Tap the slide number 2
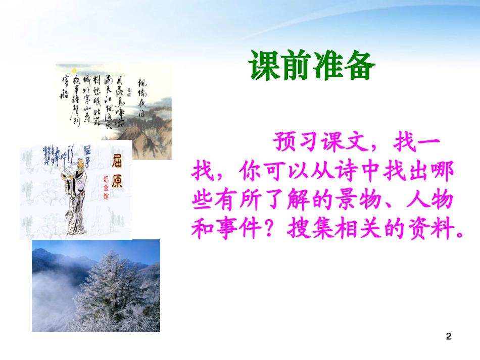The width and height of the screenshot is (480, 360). (448, 336)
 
